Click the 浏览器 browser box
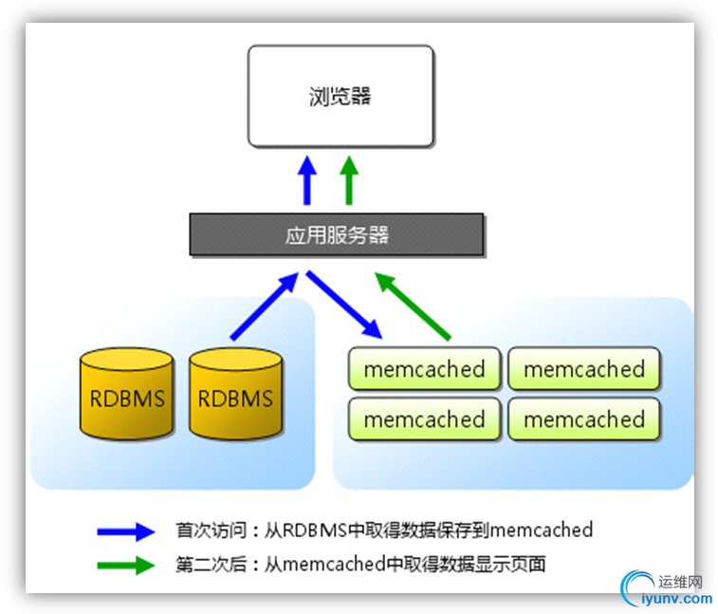point(341,96)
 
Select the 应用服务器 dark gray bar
point(337,235)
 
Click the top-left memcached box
point(424,369)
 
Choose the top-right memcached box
point(583,369)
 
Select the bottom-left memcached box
point(424,419)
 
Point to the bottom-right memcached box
point(583,419)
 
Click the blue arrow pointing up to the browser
point(307,180)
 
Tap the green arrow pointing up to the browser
point(349,180)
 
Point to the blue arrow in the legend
point(124,530)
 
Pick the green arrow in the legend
point(124,565)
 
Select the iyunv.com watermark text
point(677,599)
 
